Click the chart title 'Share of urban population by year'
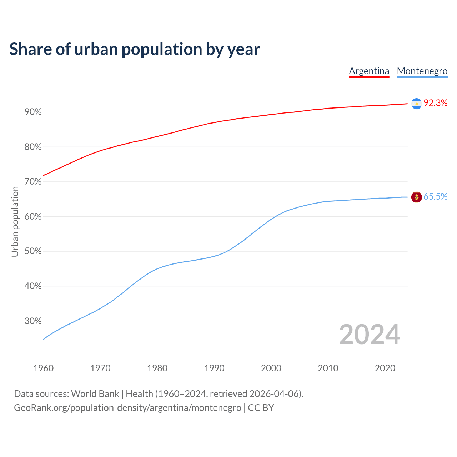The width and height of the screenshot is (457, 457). tap(135, 49)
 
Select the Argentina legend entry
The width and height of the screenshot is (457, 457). tap(369, 71)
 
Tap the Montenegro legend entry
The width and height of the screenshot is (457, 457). tap(422, 71)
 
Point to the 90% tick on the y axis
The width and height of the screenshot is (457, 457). tap(33, 112)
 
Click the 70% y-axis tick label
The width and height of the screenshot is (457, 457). tap(33, 182)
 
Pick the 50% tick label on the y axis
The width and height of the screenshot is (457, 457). tap(33, 251)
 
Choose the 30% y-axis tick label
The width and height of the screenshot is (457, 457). tap(33, 321)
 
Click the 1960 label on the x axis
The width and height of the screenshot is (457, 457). tap(43, 368)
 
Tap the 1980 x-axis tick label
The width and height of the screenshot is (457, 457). tap(157, 368)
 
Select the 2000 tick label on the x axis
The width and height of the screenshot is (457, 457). tap(271, 368)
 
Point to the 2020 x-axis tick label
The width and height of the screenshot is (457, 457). tap(385, 368)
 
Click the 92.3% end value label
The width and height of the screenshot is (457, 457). tap(435, 103)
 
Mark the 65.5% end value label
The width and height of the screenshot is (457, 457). tap(435, 197)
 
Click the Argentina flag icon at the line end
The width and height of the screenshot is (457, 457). tap(416, 104)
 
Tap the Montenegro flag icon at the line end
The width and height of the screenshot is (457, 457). tap(416, 197)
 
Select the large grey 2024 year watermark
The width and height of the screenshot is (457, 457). tap(370, 335)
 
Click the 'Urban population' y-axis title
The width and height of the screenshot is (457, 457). tap(15, 222)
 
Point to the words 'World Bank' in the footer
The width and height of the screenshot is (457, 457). tap(95, 394)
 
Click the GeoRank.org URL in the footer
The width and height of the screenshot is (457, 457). tap(127, 408)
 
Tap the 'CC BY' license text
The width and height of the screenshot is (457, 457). tap(261, 408)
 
